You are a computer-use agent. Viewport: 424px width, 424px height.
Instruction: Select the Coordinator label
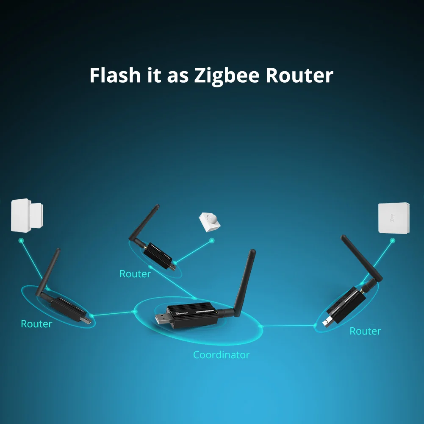(x=221, y=354)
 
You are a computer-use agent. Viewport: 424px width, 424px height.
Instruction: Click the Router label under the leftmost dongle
(x=36, y=324)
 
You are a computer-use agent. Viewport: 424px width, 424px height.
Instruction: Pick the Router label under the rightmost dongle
(x=365, y=331)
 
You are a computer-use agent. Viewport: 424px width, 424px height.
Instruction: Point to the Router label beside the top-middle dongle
(x=135, y=274)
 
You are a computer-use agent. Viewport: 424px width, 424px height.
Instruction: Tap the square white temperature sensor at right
(x=394, y=218)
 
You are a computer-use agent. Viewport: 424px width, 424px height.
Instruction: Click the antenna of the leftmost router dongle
(x=48, y=271)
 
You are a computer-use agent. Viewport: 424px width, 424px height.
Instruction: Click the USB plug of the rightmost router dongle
(x=327, y=321)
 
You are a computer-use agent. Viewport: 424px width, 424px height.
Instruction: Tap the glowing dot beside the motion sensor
(x=212, y=240)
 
